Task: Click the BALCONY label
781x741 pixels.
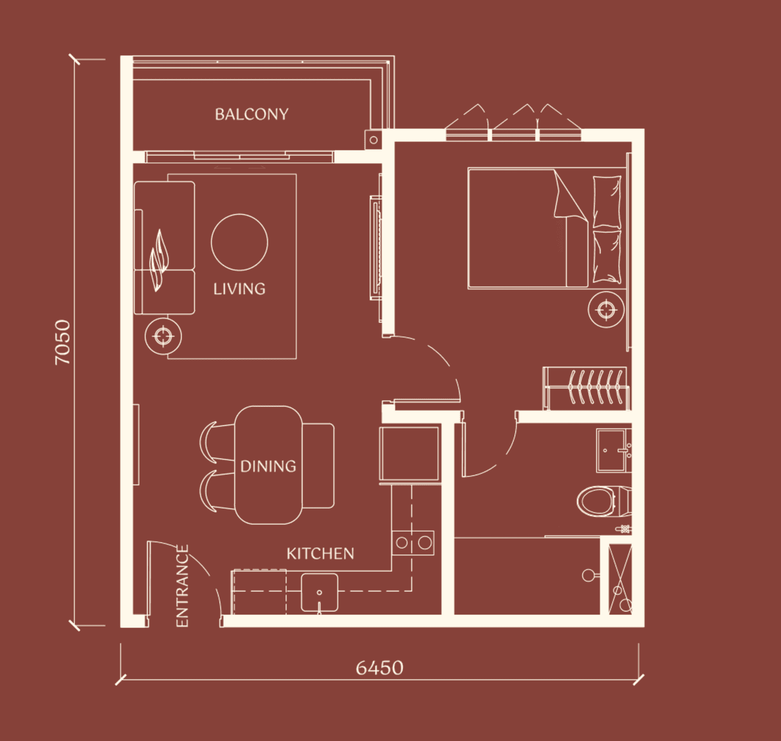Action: pos(251,115)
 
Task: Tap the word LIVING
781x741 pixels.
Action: pos(239,289)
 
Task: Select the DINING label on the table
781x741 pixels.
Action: pos(268,466)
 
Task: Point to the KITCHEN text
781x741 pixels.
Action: pos(320,554)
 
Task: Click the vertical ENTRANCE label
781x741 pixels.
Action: pos(182,586)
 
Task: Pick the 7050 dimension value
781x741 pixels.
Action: pos(62,342)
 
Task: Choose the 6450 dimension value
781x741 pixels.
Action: pos(380,668)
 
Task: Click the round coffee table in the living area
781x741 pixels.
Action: pos(239,242)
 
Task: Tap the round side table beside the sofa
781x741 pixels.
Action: pos(163,336)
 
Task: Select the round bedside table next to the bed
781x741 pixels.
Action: pos(606,309)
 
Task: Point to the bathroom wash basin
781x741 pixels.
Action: pos(614,450)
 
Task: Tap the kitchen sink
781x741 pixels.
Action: pos(319,593)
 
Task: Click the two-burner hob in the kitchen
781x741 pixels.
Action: pos(413,543)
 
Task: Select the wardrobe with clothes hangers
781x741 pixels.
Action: pos(586,388)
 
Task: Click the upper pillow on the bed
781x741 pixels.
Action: pos(607,202)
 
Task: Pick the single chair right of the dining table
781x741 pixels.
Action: pos(318,465)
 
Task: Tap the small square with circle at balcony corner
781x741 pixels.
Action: pos(373,140)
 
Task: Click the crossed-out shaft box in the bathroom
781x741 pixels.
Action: pos(620,579)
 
